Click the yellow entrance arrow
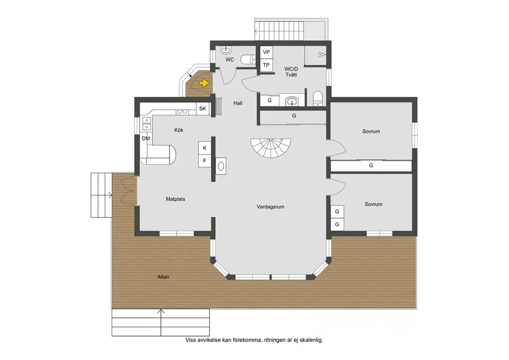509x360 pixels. pyautogui.click(x=204, y=84)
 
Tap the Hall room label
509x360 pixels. pyautogui.click(x=238, y=103)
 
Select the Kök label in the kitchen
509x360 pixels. pyautogui.click(x=178, y=130)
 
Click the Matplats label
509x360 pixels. pyautogui.click(x=175, y=199)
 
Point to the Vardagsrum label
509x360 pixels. pyautogui.click(x=270, y=207)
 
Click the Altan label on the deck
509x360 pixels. pyautogui.click(x=163, y=277)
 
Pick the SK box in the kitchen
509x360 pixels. pyautogui.click(x=203, y=109)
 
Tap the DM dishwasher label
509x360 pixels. pyautogui.click(x=146, y=139)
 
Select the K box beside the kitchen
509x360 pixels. pyautogui.click(x=205, y=148)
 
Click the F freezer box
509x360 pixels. pyautogui.click(x=205, y=161)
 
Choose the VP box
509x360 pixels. pyautogui.click(x=266, y=52)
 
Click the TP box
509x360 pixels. pyautogui.click(x=266, y=65)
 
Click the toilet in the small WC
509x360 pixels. pyautogui.click(x=248, y=60)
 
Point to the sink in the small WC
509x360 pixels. pyautogui.click(x=226, y=50)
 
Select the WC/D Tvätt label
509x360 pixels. pyautogui.click(x=291, y=72)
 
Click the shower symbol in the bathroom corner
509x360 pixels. pyautogui.click(x=322, y=54)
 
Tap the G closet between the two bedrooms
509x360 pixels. pyautogui.click(x=371, y=166)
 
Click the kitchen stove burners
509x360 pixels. pyautogui.click(x=182, y=112)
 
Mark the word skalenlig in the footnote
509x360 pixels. pyautogui.click(x=311, y=340)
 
